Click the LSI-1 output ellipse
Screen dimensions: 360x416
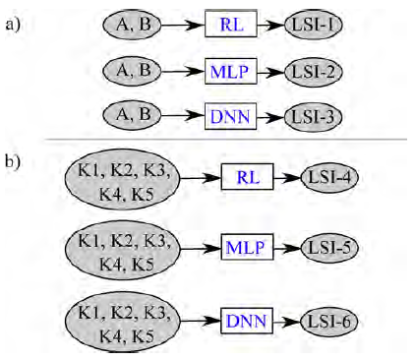pyautogui.click(x=314, y=24)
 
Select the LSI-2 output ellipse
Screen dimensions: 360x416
pyautogui.click(x=314, y=70)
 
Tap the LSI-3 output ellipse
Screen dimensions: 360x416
pyautogui.click(x=314, y=116)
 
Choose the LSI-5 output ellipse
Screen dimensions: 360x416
pyautogui.click(x=330, y=245)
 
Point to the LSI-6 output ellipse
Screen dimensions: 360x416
pyautogui.click(x=330, y=320)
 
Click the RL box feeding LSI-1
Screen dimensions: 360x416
pyautogui.click(x=232, y=24)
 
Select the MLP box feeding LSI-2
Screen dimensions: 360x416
pyautogui.click(x=232, y=70)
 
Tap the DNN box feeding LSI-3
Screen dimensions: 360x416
pyautogui.click(x=232, y=116)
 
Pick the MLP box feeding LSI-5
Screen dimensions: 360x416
pyautogui.click(x=248, y=245)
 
